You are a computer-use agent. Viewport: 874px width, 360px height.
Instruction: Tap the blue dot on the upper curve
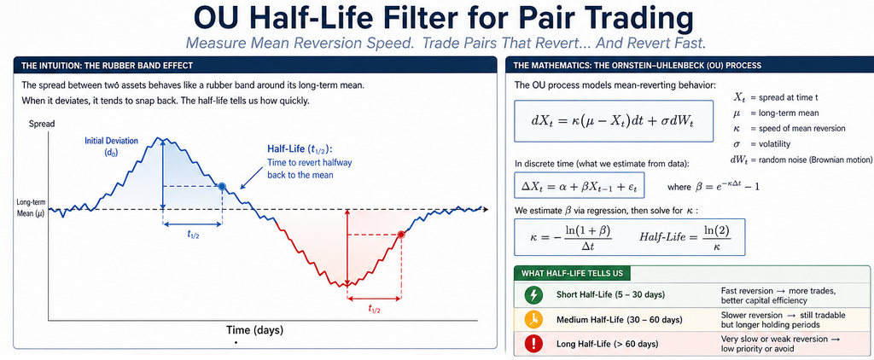coord(222,186)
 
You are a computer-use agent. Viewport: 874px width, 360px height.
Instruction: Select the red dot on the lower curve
coord(400,235)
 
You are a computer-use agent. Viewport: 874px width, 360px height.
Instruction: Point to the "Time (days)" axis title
coord(254,330)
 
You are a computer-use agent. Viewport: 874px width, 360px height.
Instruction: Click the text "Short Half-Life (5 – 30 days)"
coord(611,295)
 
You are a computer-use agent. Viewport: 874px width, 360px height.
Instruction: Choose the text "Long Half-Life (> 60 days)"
coord(607,345)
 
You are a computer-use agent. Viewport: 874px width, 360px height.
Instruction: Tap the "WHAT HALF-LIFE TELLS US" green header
coord(573,273)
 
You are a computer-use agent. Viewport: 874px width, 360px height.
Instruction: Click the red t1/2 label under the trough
coord(374,309)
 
